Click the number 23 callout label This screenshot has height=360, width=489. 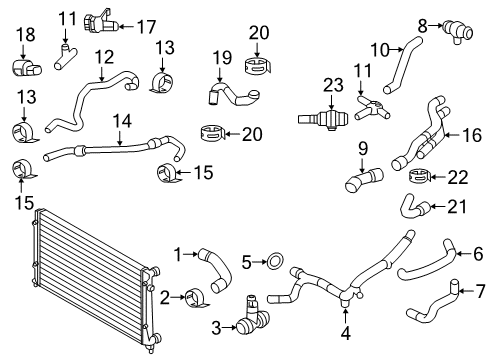pyautogui.click(x=333, y=85)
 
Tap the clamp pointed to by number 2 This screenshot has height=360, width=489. pyautogui.click(x=196, y=299)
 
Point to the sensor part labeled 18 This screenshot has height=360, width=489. pyautogui.click(x=27, y=67)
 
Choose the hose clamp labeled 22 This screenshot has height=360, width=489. pyautogui.click(x=419, y=176)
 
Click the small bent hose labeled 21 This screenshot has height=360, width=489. pyautogui.click(x=415, y=207)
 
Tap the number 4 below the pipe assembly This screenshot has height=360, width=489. pyautogui.click(x=346, y=333)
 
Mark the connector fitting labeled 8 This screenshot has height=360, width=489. pyautogui.click(x=458, y=32)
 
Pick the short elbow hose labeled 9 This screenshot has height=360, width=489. pyautogui.click(x=364, y=180)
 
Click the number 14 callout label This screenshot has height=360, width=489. pyautogui.click(x=122, y=121)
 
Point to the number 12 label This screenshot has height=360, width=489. pyautogui.click(x=104, y=57)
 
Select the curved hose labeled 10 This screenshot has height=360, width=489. pyautogui.click(x=402, y=65)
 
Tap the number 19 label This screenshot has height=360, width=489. pyautogui.click(x=222, y=58)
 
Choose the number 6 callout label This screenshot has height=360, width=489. pyautogui.click(x=478, y=254)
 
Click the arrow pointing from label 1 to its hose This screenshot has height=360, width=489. pyautogui.click(x=191, y=254)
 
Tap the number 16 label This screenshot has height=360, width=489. pyautogui.click(x=472, y=135)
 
